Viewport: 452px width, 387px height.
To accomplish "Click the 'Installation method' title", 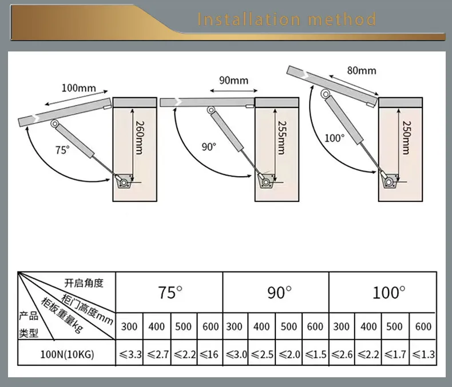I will point(287,19).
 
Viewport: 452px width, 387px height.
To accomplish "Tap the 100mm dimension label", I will point(80,88).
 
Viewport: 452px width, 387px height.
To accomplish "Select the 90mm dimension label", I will point(233,80).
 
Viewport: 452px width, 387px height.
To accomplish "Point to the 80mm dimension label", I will point(362,70).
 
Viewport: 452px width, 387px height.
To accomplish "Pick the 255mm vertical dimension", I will point(280,137).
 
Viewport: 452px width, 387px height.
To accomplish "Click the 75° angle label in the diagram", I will point(62,150).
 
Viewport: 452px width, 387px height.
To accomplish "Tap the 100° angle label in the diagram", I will point(335,138).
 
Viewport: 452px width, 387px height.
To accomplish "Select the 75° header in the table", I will point(170,293).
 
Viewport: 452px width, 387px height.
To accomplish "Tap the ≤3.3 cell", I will point(130,355).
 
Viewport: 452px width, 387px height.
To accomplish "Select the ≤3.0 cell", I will point(235,355).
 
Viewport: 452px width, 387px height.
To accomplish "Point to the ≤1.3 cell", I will point(423,355).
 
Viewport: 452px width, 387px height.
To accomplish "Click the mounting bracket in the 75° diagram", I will point(122,181).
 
